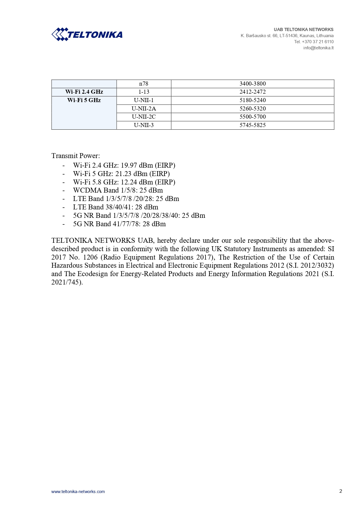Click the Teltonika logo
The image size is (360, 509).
click(87, 35)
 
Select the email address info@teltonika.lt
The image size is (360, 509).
click(318, 48)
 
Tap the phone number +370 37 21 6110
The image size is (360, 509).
click(318, 42)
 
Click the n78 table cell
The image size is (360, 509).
click(144, 84)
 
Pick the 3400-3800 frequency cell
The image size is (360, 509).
click(252, 84)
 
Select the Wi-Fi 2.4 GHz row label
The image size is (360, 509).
click(84, 92)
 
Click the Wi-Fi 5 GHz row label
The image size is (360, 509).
click(84, 100)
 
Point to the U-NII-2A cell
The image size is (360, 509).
click(144, 109)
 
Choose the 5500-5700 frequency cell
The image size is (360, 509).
click(252, 117)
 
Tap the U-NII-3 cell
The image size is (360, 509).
click(144, 125)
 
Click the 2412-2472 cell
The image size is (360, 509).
click(252, 92)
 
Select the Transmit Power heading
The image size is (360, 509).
click(75, 156)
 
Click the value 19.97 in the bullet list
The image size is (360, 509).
click(129, 165)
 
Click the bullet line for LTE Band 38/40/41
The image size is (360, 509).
click(115, 207)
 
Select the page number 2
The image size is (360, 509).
click(341, 491)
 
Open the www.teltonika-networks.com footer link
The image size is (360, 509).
click(78, 492)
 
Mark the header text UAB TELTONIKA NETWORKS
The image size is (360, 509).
click(303, 30)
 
